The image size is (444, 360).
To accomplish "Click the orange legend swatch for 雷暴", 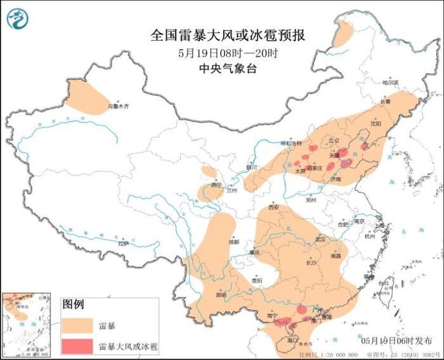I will pos(77,326).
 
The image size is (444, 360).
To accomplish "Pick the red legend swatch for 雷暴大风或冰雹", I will pos(77,346).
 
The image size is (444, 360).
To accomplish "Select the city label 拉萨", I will pos(124,243).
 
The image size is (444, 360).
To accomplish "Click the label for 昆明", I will pos(220,295).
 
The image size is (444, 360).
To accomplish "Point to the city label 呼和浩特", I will pos(293,143).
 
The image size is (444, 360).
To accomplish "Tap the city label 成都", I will pos(234,242).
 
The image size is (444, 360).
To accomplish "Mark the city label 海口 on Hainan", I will pos(292,340).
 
